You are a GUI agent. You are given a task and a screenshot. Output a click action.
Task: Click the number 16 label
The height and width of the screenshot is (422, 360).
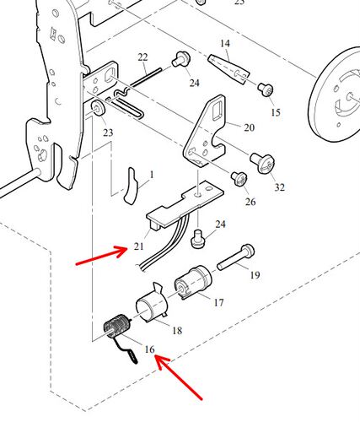click(x=150, y=349)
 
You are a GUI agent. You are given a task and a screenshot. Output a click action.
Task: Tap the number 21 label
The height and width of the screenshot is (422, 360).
click(x=138, y=246)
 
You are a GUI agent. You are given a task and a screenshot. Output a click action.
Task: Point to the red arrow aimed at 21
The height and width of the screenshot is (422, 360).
click(x=102, y=256)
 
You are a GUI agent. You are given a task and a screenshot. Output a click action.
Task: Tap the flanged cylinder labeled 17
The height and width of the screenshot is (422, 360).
click(x=193, y=282)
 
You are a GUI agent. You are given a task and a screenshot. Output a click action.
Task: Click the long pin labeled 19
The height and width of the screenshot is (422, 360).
click(x=235, y=258)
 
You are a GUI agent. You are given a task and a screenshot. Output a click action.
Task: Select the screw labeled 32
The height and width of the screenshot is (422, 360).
click(x=262, y=164)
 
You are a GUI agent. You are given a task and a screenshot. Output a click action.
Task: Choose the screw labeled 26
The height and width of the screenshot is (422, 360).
click(x=239, y=179)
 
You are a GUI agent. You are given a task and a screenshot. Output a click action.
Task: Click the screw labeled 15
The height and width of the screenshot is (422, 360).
click(x=266, y=89)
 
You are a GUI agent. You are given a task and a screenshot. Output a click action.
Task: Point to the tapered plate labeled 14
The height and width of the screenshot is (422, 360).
click(x=228, y=69)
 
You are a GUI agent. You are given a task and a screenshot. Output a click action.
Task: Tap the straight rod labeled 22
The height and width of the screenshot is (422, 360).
click(x=147, y=77)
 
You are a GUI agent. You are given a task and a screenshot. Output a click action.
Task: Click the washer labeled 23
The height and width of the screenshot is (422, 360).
click(x=98, y=108)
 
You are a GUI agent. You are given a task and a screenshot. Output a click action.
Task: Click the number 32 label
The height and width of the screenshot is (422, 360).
click(x=280, y=187)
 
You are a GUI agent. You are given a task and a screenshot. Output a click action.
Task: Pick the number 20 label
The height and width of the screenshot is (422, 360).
click(x=249, y=127)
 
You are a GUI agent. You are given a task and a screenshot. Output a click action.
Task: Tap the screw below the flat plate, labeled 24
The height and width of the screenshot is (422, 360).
click(x=198, y=240)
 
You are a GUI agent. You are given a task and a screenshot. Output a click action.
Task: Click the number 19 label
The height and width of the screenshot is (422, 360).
click(x=255, y=275)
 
